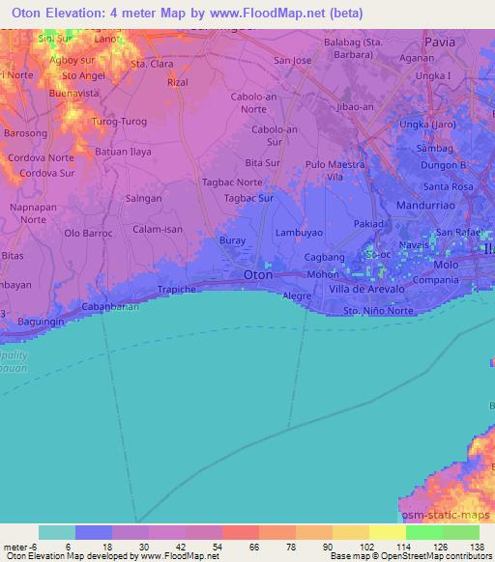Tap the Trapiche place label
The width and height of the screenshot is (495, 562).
click(x=178, y=289)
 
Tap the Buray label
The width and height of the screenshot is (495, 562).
click(x=232, y=239)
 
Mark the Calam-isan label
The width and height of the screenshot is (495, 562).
click(x=157, y=229)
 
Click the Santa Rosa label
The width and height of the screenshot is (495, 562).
click(x=448, y=185)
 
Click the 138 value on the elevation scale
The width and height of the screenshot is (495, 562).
click(x=477, y=547)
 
